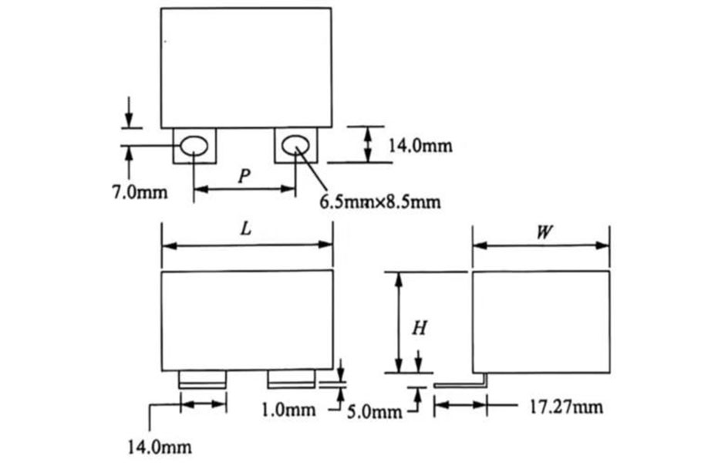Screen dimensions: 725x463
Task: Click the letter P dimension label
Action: (244, 176)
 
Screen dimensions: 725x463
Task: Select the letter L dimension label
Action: (246, 228)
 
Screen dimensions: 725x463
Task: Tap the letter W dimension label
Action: (545, 231)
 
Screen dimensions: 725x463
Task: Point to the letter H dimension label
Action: (419, 328)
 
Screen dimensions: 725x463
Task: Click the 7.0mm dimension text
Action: (140, 191)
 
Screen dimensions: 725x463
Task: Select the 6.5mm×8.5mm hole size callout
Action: (380, 201)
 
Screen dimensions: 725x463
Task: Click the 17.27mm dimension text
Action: (566, 407)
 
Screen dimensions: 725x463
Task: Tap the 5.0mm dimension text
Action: (375, 411)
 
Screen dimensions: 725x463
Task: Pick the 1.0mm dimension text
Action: (288, 409)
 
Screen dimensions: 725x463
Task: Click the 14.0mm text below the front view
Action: (160, 447)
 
